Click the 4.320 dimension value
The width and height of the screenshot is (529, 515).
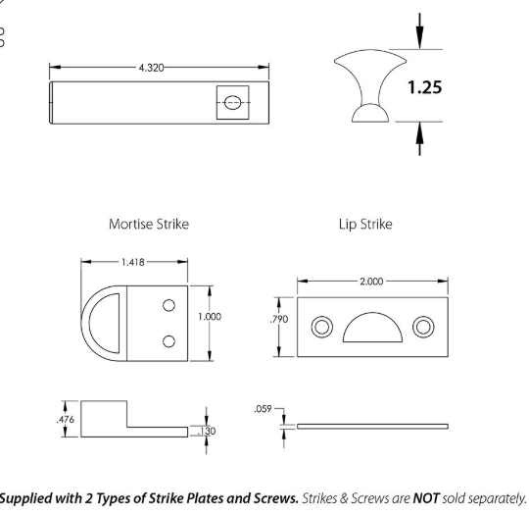click(x=151, y=68)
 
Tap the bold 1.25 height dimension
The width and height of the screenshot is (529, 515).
click(x=424, y=87)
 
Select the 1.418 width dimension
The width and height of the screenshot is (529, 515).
click(x=133, y=262)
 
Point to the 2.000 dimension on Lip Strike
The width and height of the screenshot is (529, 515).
click(x=371, y=282)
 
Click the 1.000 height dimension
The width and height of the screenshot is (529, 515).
click(x=210, y=317)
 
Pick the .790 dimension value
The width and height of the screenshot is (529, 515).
click(x=279, y=319)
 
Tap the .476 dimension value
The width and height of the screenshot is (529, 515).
click(x=65, y=420)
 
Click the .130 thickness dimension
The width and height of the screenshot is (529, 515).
click(x=207, y=432)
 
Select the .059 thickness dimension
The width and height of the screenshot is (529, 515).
click(x=263, y=409)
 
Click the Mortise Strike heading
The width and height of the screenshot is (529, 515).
click(x=149, y=224)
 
